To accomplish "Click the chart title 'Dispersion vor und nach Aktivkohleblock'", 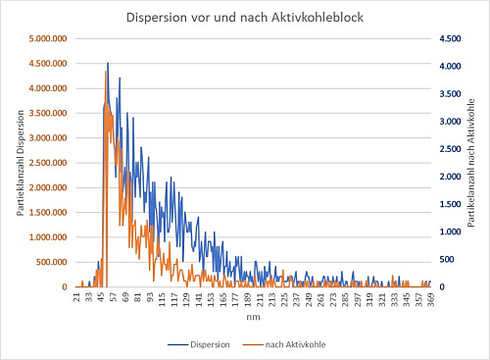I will (245, 18).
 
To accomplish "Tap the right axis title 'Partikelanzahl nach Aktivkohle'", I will (471, 163).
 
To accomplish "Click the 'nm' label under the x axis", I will (253, 318).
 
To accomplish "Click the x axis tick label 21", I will (77, 297).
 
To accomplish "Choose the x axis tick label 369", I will (429, 298).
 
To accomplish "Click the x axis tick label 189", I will (247, 298).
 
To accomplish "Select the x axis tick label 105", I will (162, 298).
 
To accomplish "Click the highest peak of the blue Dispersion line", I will (108, 63).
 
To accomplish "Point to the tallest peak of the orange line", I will (105, 71).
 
